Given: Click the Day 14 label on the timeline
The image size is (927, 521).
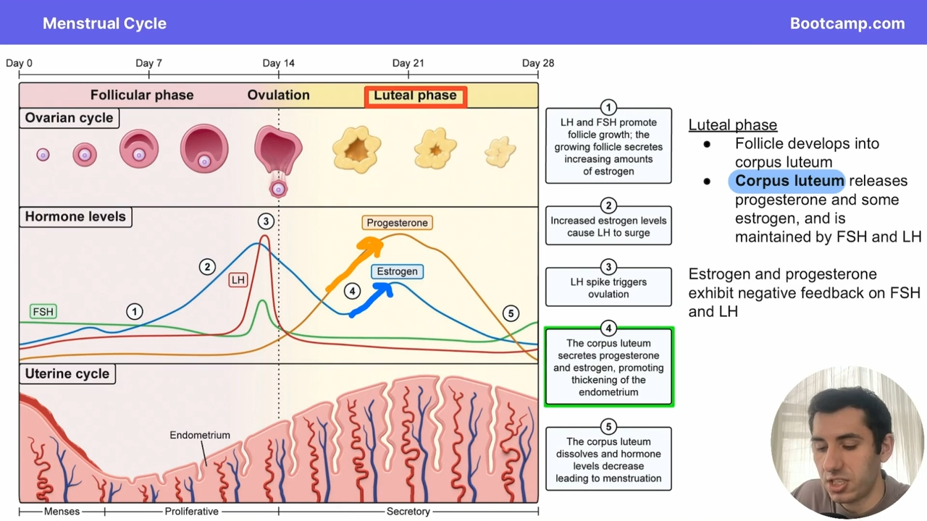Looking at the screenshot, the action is coord(279,63).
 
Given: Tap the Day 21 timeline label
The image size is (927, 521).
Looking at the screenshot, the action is coord(408,63).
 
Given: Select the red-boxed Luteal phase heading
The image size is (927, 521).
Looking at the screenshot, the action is coord(416,97).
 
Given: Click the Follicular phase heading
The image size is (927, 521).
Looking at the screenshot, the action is coord(142,95).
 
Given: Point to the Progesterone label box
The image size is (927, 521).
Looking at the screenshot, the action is coord(398,223).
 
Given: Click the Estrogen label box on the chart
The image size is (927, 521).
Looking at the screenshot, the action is coord(398,271).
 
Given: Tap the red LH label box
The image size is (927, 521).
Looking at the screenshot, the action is coord(238,280).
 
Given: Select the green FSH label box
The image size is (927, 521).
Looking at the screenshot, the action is coord(43,311).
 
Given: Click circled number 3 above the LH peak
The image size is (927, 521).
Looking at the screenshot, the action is coord(266,221).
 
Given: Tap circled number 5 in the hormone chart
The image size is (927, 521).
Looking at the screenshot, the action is coord(511,314).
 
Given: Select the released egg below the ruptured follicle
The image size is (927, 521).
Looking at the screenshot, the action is coord(278,190).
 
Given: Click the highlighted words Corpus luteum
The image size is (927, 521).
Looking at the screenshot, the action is coord(789,181).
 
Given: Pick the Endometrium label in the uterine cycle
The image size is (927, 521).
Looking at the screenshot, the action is coord(200,435).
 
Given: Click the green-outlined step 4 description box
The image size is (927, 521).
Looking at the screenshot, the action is coord(609,367).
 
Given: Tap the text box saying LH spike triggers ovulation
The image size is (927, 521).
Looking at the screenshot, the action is coord(608,287).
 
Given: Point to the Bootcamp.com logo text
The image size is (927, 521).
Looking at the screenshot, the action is coord(847,24).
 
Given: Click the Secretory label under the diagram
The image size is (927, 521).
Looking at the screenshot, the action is coord(408,512).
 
